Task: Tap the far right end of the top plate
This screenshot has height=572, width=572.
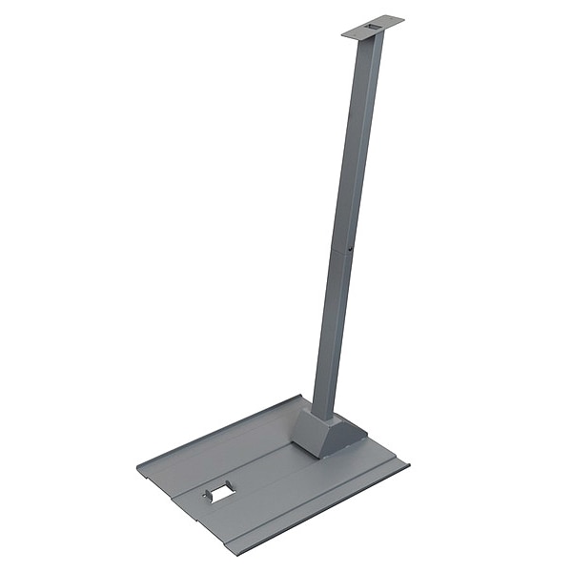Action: (x=402, y=18)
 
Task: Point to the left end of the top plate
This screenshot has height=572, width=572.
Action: (x=344, y=36)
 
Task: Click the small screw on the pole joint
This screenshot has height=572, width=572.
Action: (x=350, y=252)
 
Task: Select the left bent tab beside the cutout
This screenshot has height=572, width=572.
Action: (x=205, y=496)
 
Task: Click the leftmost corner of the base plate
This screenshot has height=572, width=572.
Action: (x=139, y=466)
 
